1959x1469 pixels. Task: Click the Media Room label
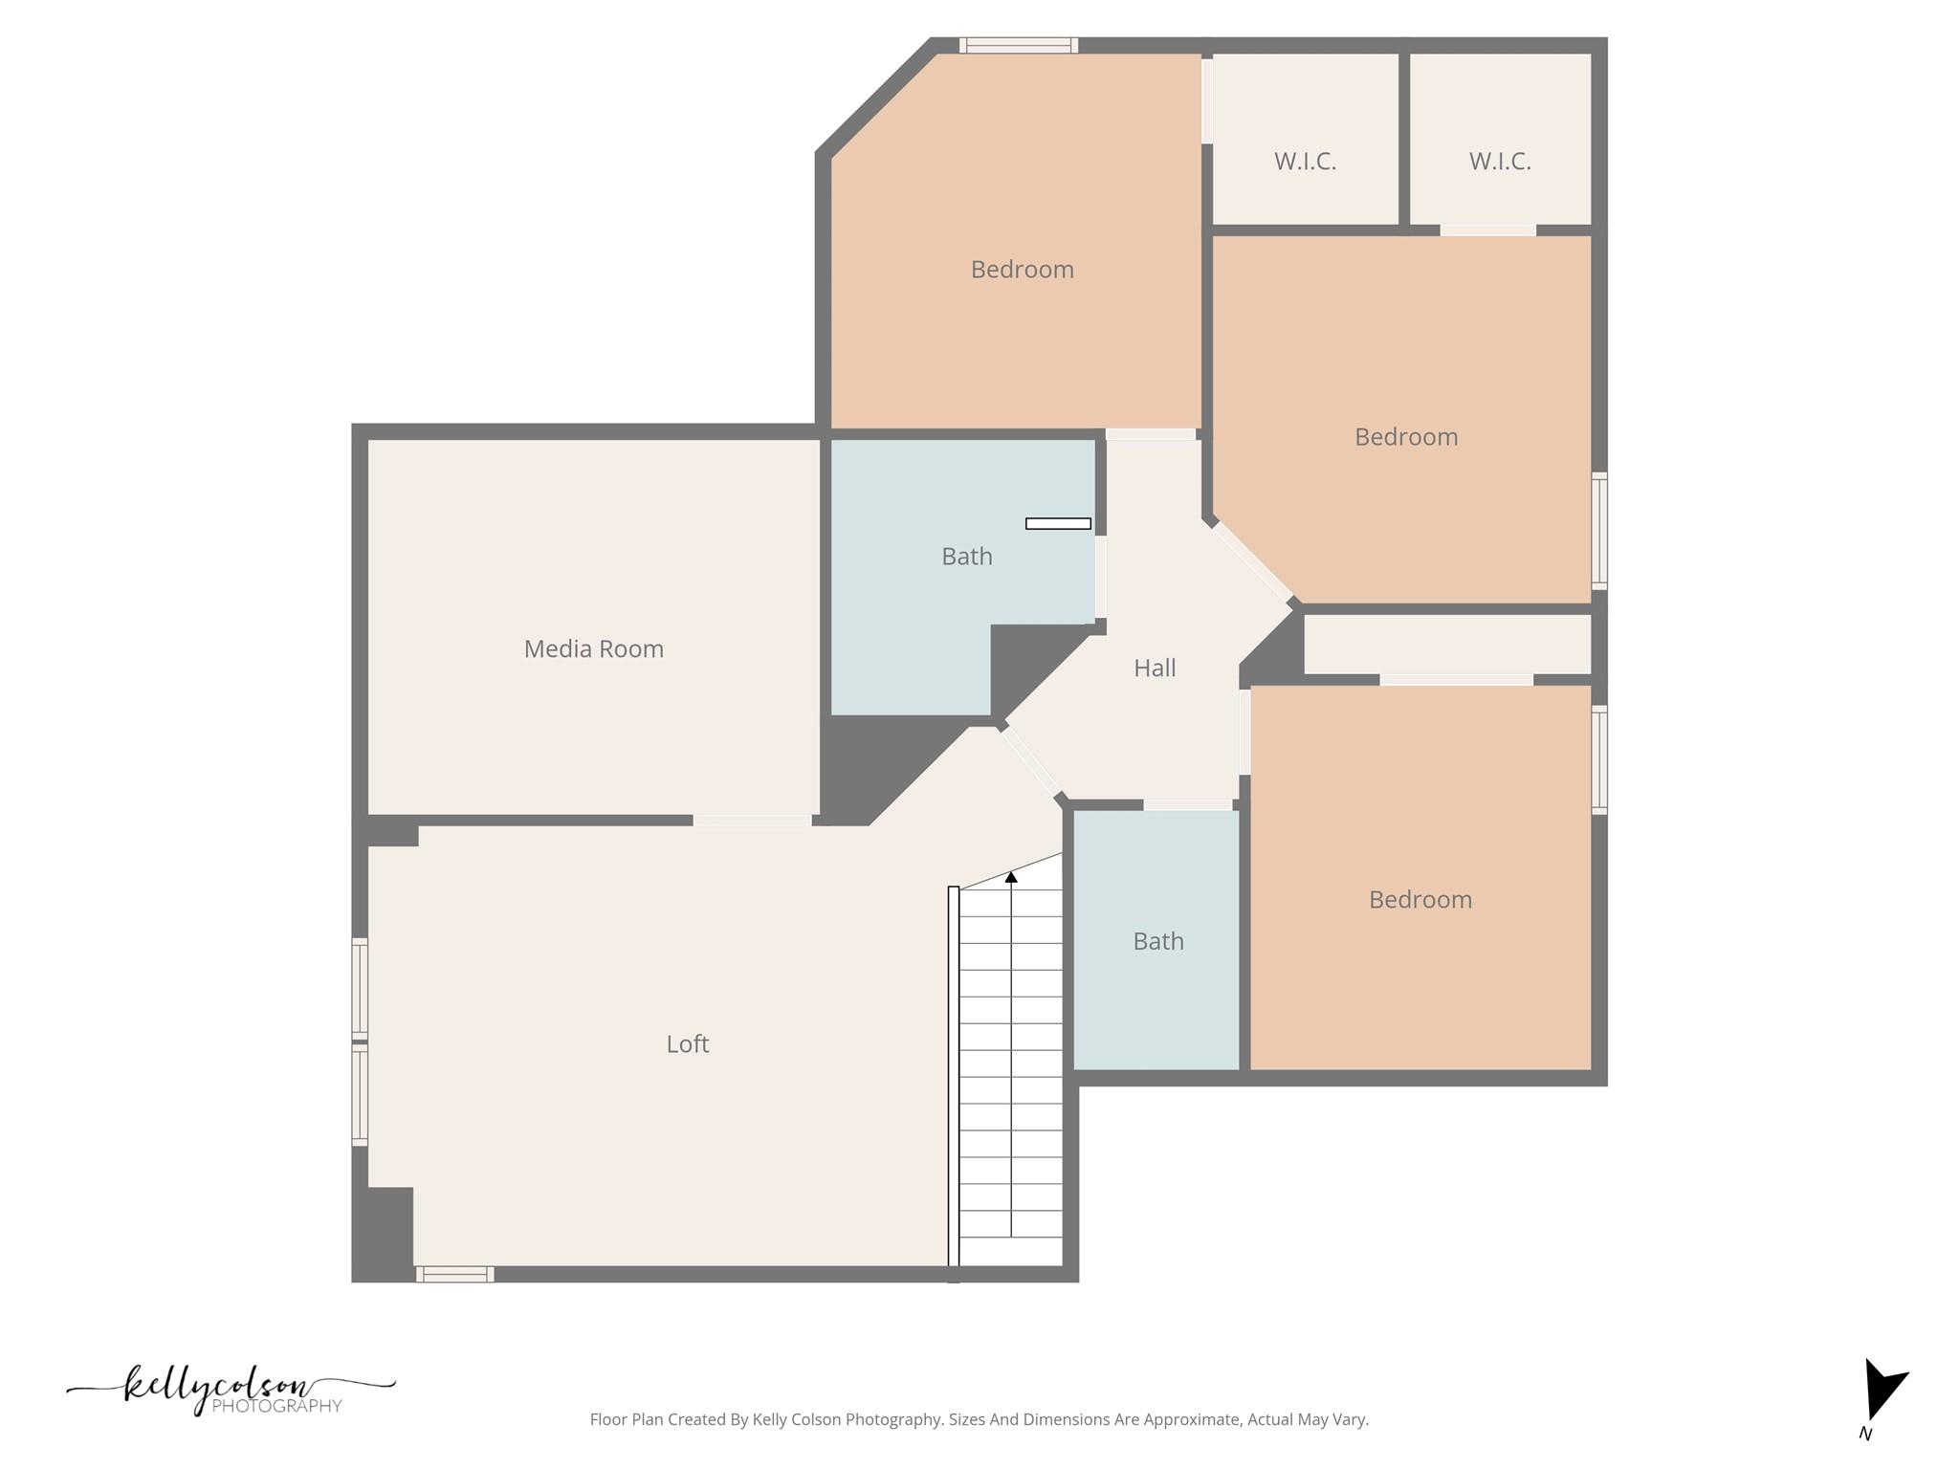[593, 648]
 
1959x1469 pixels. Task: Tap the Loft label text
[687, 1043]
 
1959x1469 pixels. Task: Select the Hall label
[1155, 668]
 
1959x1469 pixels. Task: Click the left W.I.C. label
[1305, 161]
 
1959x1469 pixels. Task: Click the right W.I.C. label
[1500, 161]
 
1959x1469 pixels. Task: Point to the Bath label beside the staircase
[1157, 941]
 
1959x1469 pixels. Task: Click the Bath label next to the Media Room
[966, 556]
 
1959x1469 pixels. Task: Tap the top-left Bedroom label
[1022, 270]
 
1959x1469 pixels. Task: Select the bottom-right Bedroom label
[1420, 899]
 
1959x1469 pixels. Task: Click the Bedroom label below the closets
[1405, 437]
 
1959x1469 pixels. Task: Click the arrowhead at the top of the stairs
[1011, 876]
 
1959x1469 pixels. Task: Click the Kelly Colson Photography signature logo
[230, 1390]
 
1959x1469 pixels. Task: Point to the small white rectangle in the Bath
[1058, 523]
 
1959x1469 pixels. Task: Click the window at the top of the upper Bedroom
[1019, 45]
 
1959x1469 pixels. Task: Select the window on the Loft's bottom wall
[454, 1274]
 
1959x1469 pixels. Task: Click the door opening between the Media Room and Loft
[752, 820]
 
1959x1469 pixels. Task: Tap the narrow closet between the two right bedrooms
[1446, 644]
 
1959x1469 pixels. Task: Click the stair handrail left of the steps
[953, 1081]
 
